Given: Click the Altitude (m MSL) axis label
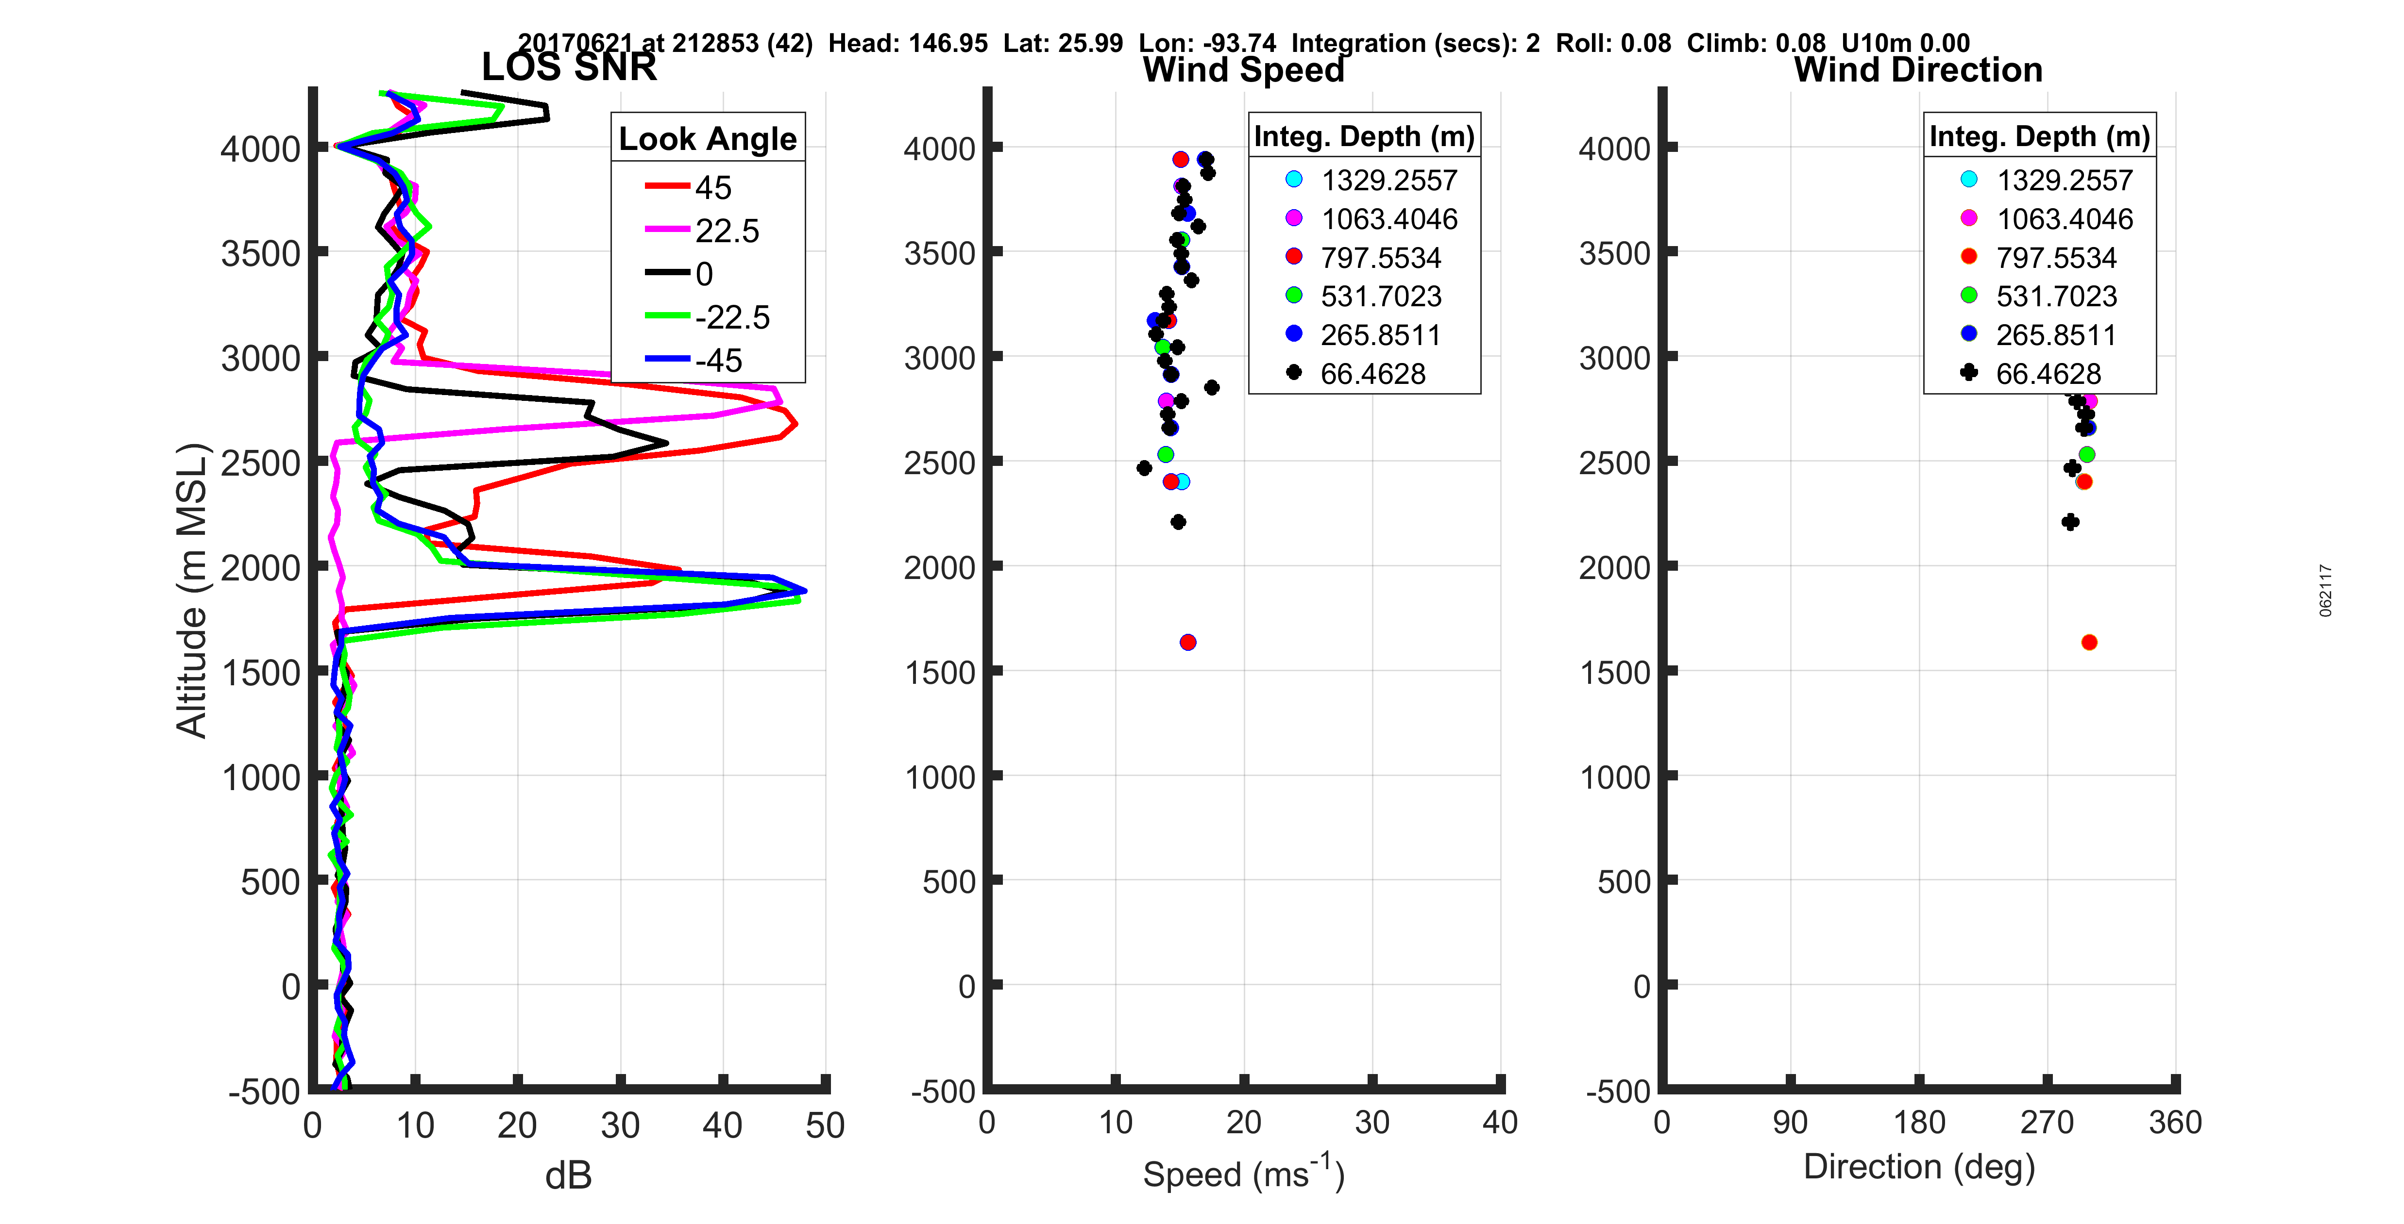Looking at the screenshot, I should pyautogui.click(x=191, y=591).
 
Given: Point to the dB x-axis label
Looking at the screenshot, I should pyautogui.click(x=568, y=1175).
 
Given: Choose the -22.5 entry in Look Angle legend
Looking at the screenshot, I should pyautogui.click(x=732, y=317).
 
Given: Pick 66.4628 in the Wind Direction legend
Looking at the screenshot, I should pyautogui.click(x=2048, y=374).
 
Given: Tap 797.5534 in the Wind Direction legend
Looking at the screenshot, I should pyautogui.click(x=2056, y=258).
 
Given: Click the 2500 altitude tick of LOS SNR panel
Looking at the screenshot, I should pyautogui.click(x=260, y=463).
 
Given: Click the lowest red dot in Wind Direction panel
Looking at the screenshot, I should pyautogui.click(x=2089, y=642).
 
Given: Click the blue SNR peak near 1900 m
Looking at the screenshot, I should pyautogui.click(x=803, y=591).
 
